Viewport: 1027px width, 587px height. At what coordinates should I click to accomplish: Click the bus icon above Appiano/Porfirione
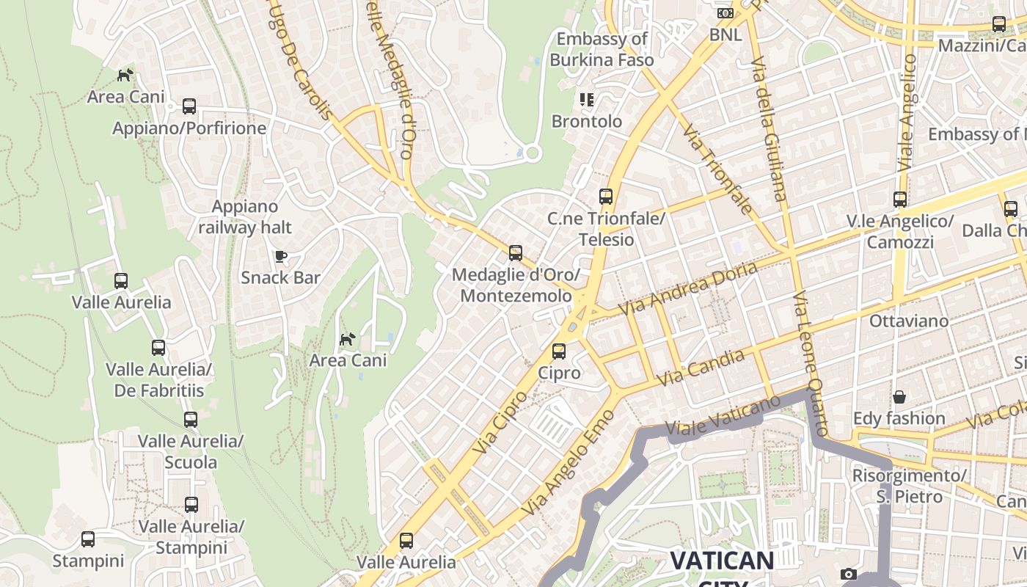click(189, 106)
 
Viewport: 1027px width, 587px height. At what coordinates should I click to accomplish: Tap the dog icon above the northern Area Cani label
click(126, 75)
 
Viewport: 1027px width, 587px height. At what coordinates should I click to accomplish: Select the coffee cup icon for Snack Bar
click(280, 256)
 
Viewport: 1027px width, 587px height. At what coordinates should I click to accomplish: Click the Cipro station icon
click(559, 351)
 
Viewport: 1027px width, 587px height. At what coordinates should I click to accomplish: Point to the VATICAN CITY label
click(722, 562)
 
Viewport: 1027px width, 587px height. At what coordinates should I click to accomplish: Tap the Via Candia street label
click(701, 368)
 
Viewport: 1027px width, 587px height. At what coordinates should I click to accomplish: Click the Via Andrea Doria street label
click(687, 289)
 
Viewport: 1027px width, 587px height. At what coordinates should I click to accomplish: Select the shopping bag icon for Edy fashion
click(899, 397)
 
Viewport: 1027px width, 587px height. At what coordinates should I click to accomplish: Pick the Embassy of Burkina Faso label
click(602, 49)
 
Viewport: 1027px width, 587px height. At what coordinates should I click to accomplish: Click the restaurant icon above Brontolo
click(586, 99)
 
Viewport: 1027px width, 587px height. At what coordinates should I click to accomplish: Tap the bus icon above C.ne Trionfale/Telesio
click(605, 197)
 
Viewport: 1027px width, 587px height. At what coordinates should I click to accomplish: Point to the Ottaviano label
click(908, 321)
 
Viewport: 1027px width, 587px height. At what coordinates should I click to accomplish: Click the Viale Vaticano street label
click(723, 415)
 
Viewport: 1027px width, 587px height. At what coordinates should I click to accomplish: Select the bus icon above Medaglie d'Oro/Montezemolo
click(516, 253)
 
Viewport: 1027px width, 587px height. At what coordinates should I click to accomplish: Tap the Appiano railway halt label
click(245, 216)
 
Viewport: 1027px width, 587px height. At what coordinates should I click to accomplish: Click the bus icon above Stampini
click(88, 539)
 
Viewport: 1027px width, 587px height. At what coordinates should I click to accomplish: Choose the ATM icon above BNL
click(725, 13)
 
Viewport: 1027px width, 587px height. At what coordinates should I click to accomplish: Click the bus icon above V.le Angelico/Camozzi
click(899, 199)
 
